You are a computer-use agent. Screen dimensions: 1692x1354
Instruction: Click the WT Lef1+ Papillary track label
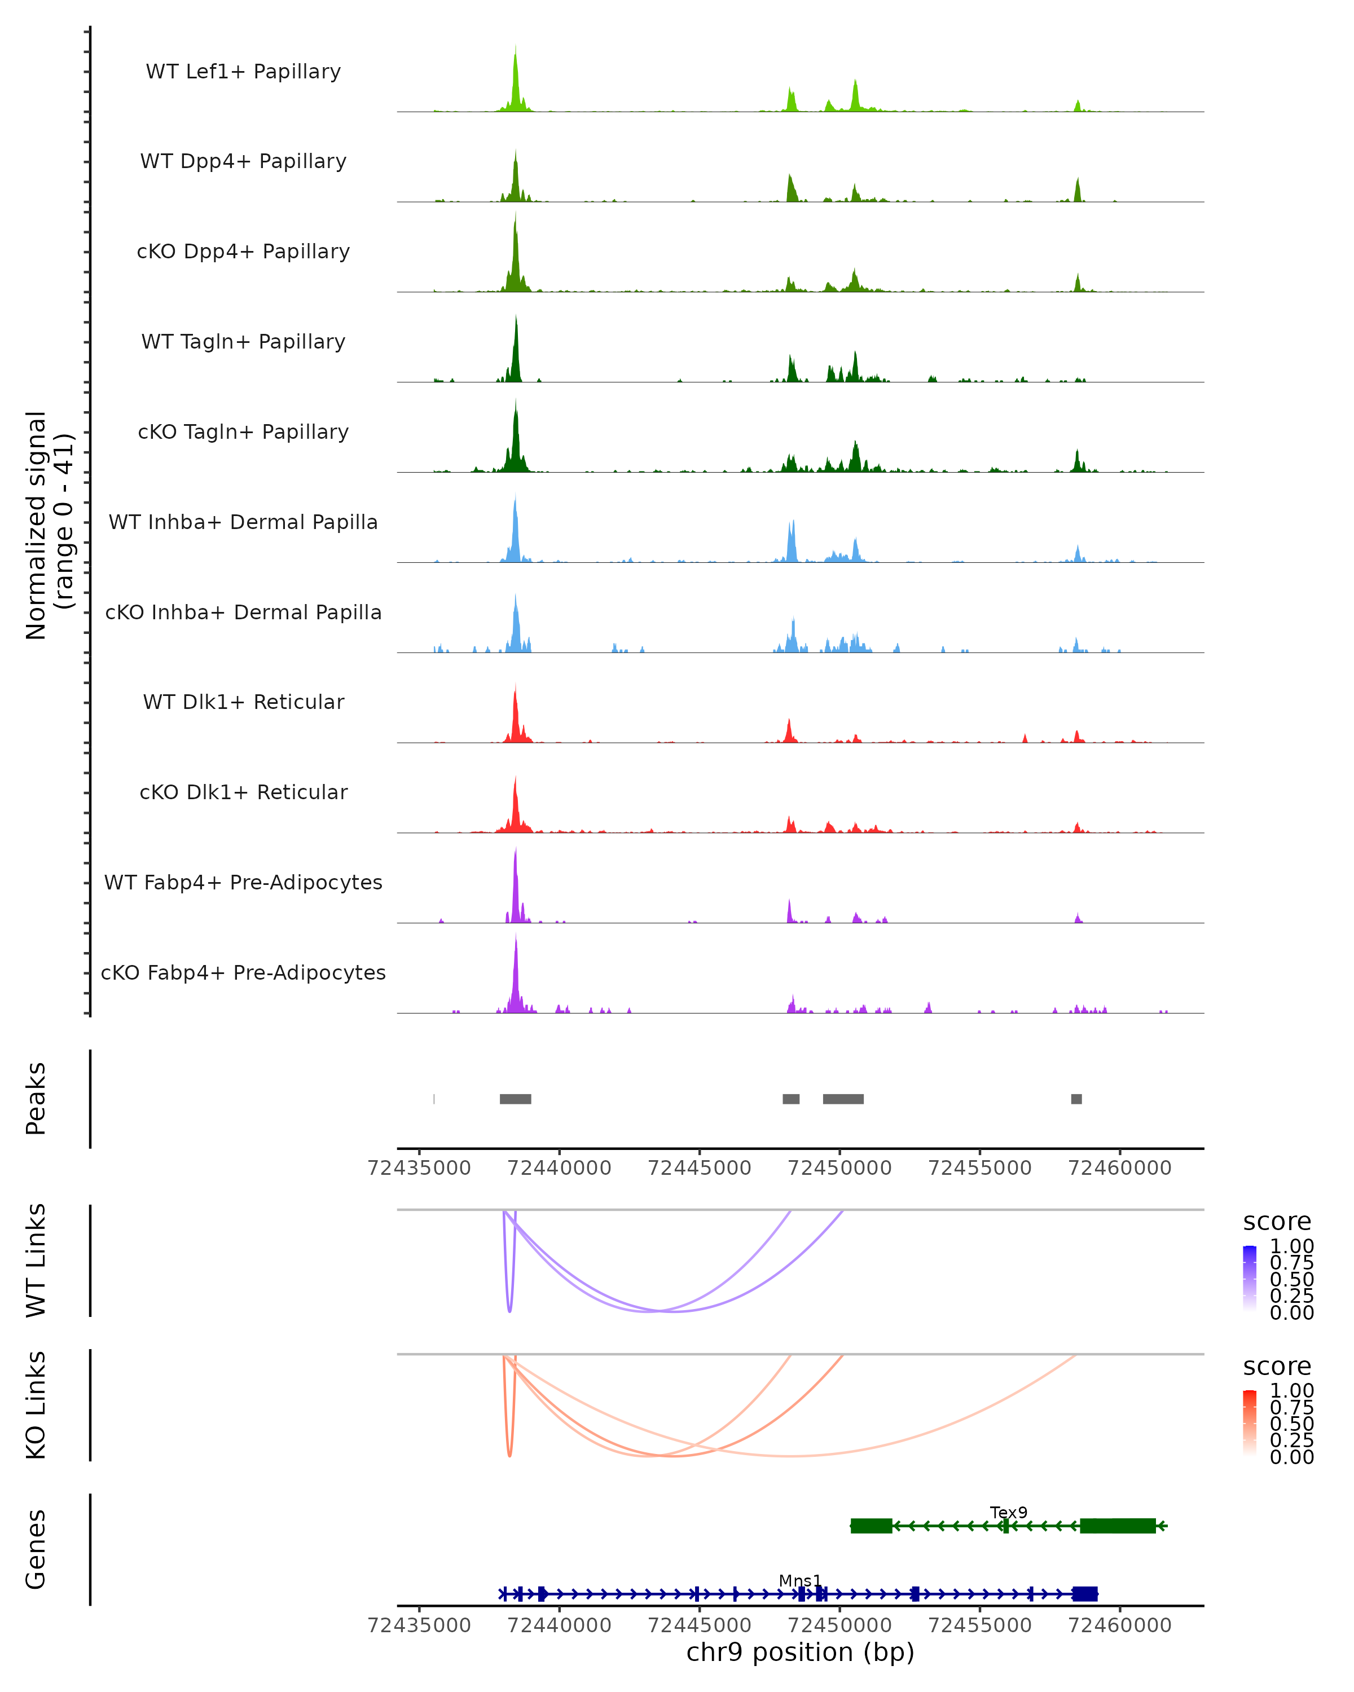[x=243, y=72]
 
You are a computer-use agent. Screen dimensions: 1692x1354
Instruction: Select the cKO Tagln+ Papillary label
[x=243, y=431]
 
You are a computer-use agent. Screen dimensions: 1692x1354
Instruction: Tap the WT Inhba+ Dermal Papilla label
[x=243, y=522]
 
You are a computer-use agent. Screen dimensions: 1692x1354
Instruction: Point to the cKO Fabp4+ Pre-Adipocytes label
[x=243, y=972]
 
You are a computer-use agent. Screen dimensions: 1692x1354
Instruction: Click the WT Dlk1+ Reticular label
[x=243, y=702]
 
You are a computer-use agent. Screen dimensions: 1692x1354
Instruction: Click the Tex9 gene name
[x=1008, y=1512]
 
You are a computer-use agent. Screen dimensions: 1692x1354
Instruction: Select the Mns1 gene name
[x=800, y=1580]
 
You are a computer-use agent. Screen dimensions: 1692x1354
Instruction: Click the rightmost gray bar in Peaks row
[x=1076, y=1099]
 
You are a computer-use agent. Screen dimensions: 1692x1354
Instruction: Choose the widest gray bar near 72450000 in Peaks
[x=843, y=1099]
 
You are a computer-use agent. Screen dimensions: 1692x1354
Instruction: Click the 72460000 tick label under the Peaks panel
[x=1119, y=1168]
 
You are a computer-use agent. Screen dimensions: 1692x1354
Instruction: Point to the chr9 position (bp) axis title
[x=800, y=1653]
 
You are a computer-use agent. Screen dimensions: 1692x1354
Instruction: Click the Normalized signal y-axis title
[x=49, y=525]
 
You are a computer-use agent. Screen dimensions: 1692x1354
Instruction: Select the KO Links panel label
[x=36, y=1405]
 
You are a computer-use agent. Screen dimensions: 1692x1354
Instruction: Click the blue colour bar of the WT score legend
[x=1250, y=1277]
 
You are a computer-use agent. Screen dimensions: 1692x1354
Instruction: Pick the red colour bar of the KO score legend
[x=1250, y=1422]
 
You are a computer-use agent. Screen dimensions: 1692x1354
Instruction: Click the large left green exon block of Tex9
[x=871, y=1526]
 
